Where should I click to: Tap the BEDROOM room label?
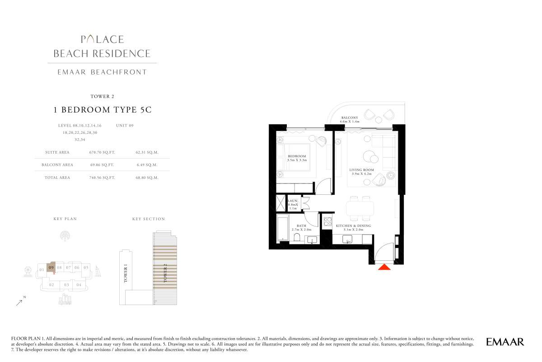[297, 156]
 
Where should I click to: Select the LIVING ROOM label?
[361, 170]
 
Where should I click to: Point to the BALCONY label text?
[350, 118]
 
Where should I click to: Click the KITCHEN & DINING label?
[353, 226]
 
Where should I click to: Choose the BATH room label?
[302, 226]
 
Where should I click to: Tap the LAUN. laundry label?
[293, 201]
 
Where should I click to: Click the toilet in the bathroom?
[297, 237]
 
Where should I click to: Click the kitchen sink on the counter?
[347, 239]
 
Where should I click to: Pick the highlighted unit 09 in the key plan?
[51, 268]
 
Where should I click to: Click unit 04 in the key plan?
[79, 285]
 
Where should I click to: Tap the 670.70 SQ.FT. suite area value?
[102, 152]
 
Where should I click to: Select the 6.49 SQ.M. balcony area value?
[147, 165]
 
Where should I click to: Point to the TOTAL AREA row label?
[57, 178]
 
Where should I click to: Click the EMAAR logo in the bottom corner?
[505, 342]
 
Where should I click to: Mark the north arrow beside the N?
[19, 303]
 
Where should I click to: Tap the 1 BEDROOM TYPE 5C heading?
[103, 110]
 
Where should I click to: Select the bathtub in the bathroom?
[283, 228]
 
